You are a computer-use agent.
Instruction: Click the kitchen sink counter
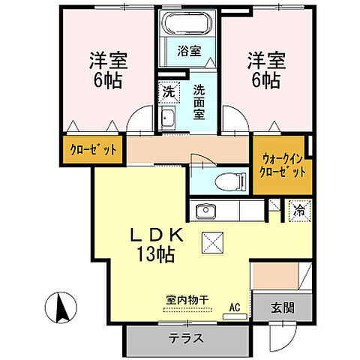click(217, 210)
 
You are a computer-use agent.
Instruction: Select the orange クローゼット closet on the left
click(93, 150)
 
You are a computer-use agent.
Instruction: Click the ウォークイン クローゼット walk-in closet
click(283, 165)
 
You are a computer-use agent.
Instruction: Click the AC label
click(234, 307)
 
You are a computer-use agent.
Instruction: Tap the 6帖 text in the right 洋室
click(265, 77)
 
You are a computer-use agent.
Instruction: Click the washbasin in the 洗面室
click(169, 118)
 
